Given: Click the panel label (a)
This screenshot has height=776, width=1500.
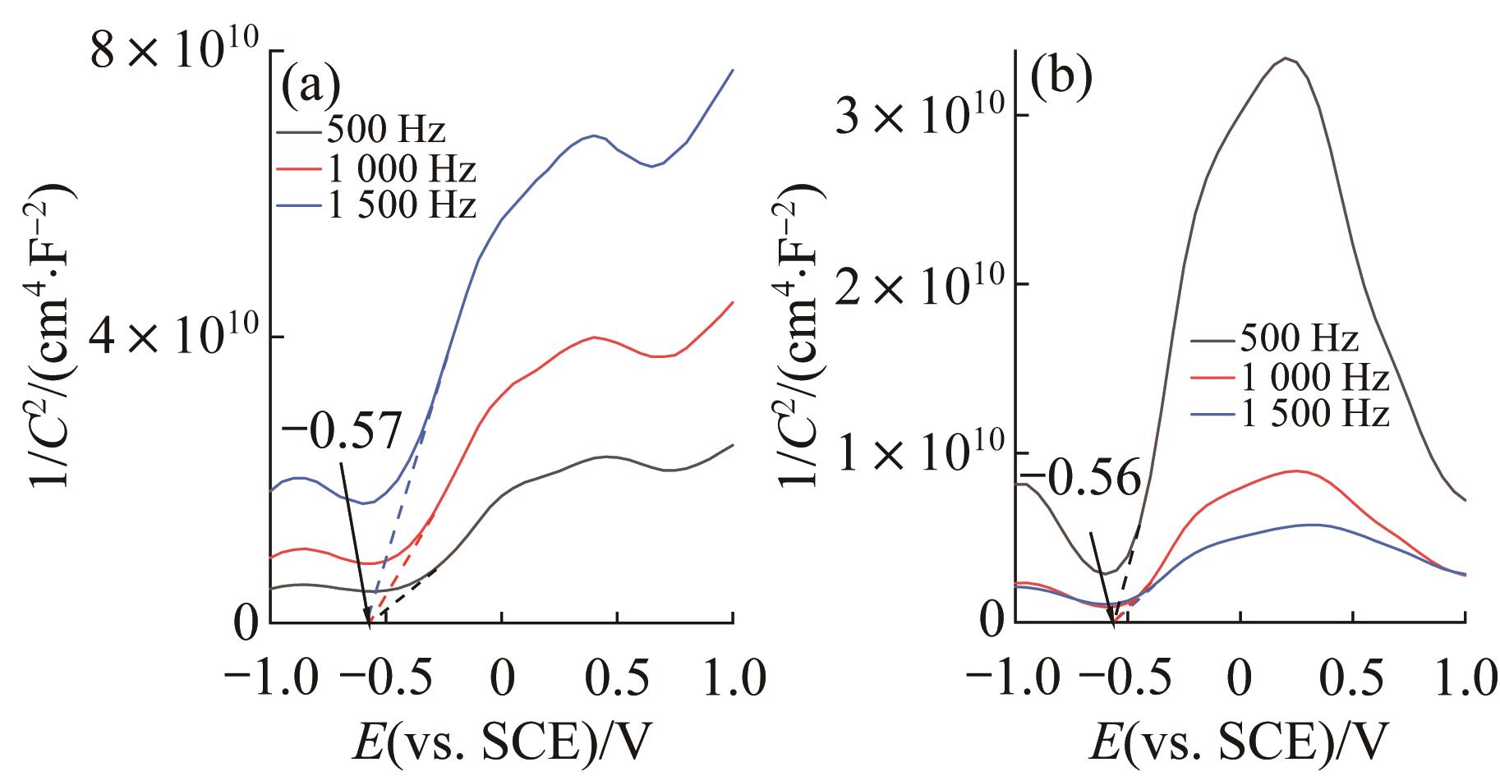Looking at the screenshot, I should point(310,85).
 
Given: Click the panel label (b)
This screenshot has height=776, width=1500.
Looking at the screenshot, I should point(1060,76).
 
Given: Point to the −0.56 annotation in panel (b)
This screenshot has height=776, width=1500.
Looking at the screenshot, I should point(1082,480).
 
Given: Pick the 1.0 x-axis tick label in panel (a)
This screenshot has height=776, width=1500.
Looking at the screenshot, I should point(731,680).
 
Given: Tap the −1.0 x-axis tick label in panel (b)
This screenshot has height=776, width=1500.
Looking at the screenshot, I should point(1015,680).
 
